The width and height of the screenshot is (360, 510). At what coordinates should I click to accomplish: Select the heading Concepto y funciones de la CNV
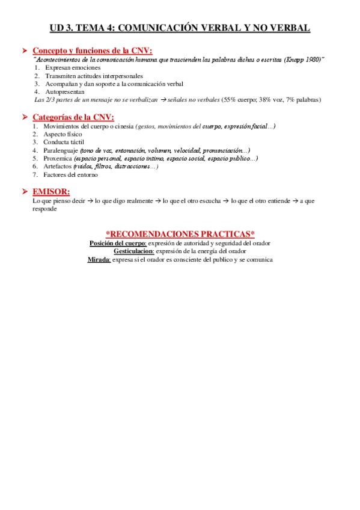[92, 51]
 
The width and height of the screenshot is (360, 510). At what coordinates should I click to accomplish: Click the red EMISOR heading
[51, 191]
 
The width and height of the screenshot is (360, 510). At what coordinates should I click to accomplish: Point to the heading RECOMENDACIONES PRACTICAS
[180, 234]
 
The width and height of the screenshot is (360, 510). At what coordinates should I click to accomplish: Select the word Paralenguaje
[61, 150]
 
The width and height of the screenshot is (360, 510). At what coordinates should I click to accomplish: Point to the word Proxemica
[58, 158]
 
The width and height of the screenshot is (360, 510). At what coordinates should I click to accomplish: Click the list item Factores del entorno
[70, 174]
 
